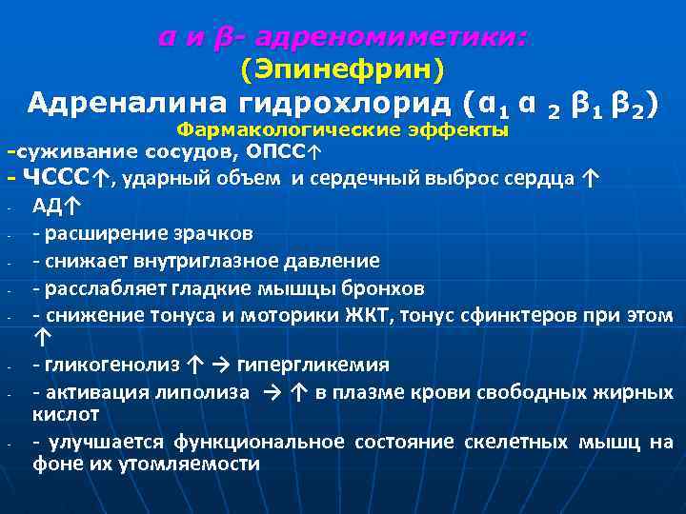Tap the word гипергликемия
312,365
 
